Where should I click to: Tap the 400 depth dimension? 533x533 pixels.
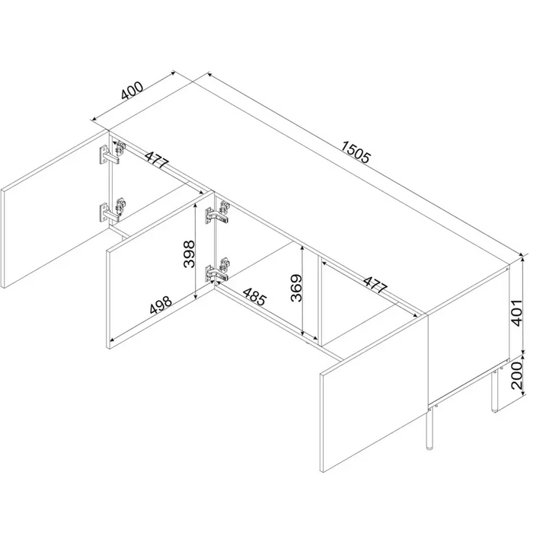pos(132,91)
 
